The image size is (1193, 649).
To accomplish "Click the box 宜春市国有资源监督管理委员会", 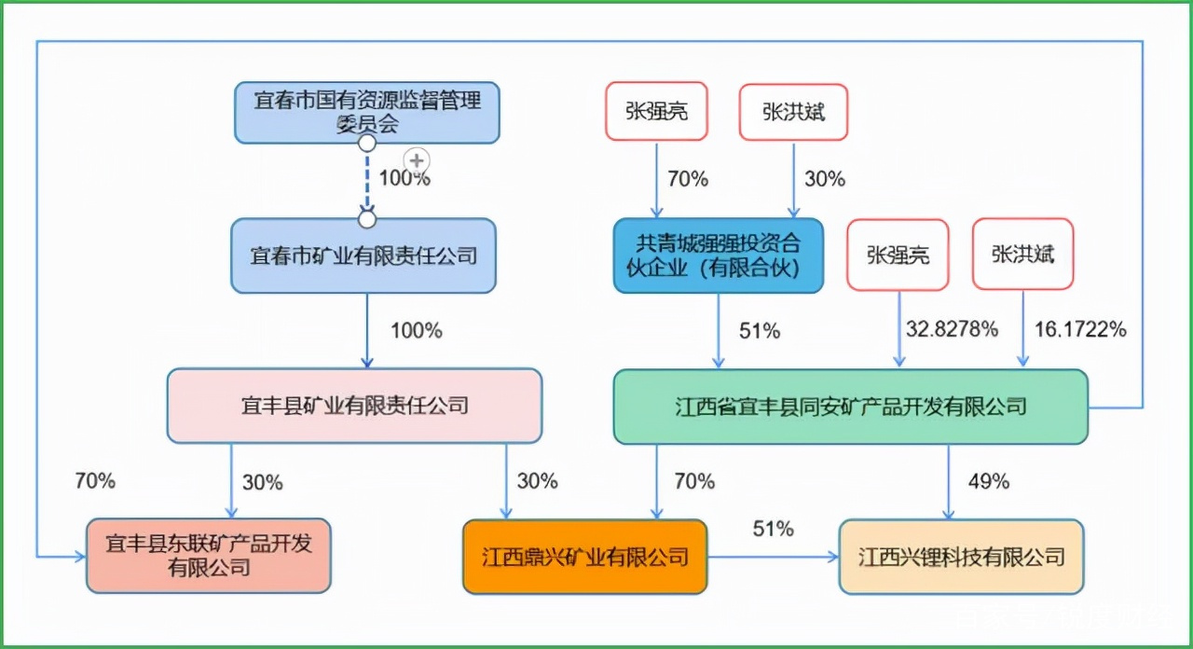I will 366,112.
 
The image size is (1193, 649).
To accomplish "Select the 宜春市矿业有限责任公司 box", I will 363,255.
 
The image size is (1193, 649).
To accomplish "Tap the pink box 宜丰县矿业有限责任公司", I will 354,406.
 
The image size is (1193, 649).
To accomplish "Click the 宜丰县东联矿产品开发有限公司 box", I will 208,556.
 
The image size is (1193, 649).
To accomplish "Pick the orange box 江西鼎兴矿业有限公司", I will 584,557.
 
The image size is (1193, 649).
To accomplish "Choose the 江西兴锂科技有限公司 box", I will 961,557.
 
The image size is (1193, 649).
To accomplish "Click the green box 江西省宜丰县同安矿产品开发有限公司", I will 850,407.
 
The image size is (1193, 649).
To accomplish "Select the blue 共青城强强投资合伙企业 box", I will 718,255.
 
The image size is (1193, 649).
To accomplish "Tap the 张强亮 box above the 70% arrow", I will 656,112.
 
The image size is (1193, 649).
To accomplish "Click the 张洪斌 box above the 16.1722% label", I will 1022,254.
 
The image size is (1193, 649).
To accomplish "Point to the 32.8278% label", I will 952,329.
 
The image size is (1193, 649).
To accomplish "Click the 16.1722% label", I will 1080,329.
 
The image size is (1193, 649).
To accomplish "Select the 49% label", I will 988,481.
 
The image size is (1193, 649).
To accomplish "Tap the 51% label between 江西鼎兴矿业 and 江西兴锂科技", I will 773,530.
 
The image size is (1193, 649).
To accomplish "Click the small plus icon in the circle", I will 417,160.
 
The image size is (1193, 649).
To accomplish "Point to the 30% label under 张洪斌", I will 824,179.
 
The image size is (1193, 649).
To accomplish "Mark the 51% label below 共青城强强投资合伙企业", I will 759,330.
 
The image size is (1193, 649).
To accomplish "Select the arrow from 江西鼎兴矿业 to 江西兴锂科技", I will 773,557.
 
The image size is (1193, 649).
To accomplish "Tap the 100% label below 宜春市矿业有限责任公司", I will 416,330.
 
